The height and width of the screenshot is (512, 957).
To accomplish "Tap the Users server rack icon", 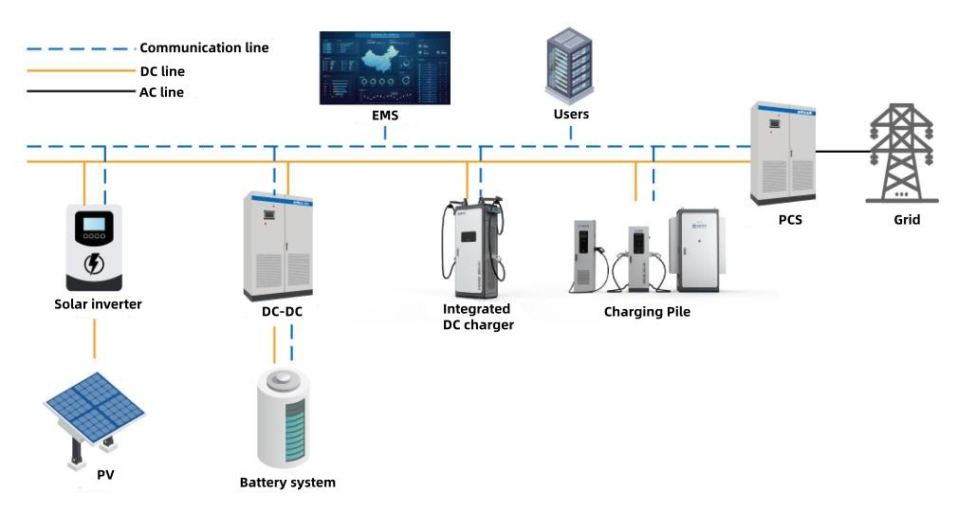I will [x=569, y=65].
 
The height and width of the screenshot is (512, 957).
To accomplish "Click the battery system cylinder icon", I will [x=283, y=416].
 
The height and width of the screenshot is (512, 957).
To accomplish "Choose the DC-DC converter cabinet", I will [x=278, y=245].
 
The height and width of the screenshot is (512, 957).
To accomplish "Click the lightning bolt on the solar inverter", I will [x=95, y=263].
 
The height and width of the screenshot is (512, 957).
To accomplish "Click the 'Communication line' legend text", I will [x=204, y=47].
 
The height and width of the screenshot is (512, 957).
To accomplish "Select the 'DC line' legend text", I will [x=162, y=71].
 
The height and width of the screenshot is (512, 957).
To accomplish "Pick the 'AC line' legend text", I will [x=161, y=92].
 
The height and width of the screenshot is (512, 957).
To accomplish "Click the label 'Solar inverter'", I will [x=98, y=303].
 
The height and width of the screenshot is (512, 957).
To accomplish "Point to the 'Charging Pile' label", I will [x=647, y=311].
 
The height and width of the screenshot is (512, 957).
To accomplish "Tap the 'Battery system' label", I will [x=287, y=483].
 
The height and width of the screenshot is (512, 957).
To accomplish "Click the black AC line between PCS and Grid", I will [x=842, y=151].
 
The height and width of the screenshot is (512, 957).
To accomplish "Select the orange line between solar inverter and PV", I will [x=95, y=338].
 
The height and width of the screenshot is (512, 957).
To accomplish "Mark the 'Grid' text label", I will [x=907, y=220].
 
